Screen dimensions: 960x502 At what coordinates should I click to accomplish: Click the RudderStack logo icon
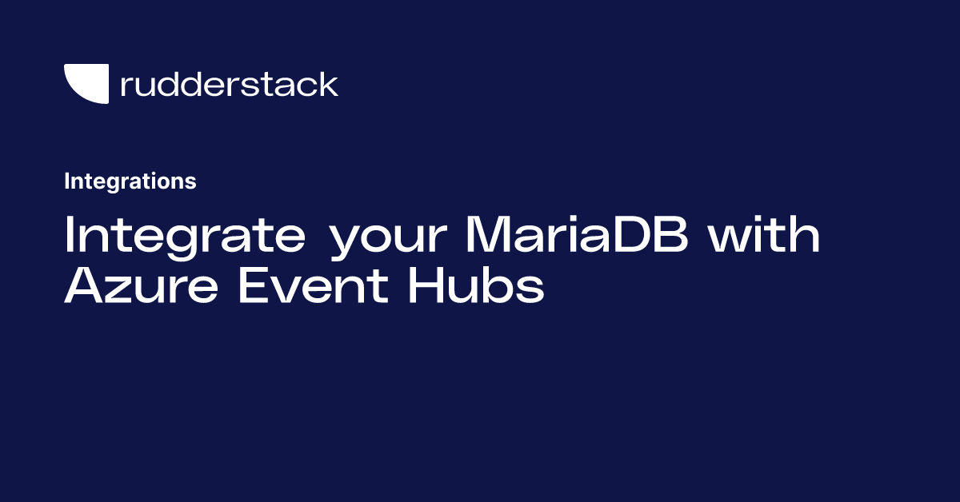[x=86, y=83]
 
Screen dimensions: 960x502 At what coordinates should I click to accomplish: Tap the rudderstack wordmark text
[x=230, y=84]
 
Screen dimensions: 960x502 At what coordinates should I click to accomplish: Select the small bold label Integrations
[x=130, y=181]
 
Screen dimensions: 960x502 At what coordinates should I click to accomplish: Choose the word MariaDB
[x=577, y=234]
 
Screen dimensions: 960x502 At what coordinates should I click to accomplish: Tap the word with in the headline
[x=764, y=234]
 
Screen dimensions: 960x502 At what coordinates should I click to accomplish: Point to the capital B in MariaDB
[x=670, y=234]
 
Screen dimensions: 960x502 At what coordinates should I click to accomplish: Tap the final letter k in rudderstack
[x=327, y=84]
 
